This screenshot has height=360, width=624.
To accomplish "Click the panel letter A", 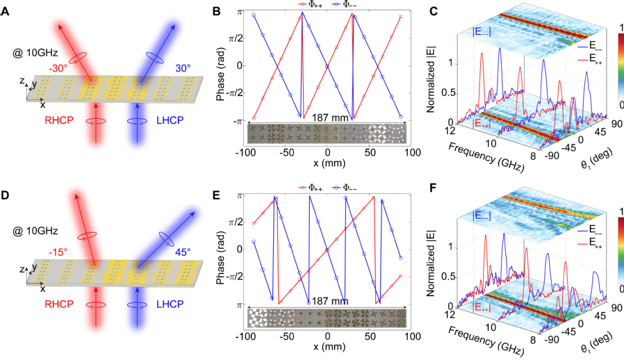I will (7, 11).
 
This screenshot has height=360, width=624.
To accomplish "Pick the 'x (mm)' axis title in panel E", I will (326, 345).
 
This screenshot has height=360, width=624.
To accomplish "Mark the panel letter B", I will (217, 11).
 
